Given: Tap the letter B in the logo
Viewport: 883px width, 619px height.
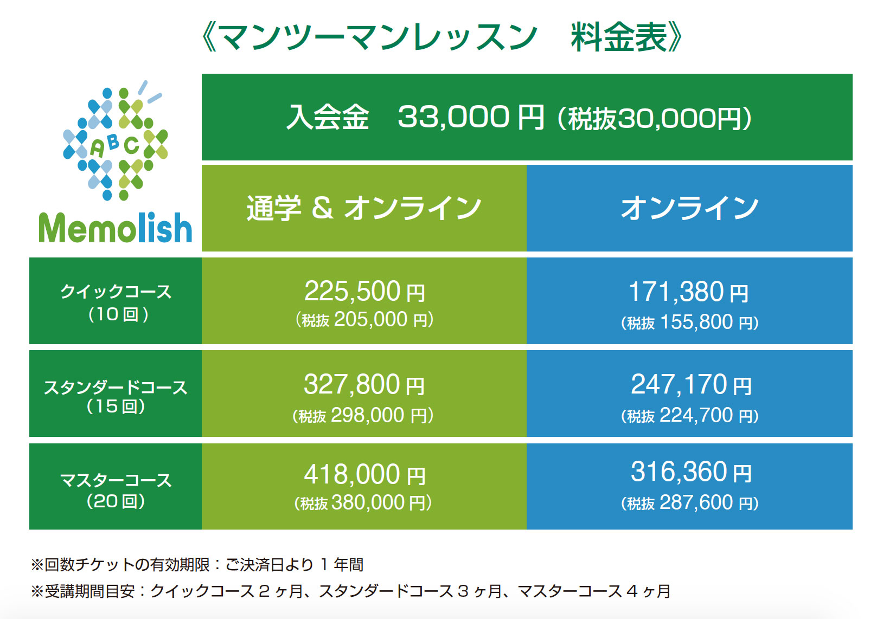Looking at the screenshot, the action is [x=113, y=141].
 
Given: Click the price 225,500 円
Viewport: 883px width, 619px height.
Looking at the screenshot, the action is [x=364, y=291].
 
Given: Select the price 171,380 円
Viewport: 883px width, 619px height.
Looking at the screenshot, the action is [x=688, y=292].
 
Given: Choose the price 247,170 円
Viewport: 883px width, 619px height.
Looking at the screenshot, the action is [x=691, y=384].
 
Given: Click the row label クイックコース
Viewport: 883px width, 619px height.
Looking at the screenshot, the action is [x=116, y=292].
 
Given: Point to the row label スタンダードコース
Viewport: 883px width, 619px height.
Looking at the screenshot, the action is [x=116, y=388].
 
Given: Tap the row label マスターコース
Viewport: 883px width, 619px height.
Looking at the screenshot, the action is [x=116, y=480].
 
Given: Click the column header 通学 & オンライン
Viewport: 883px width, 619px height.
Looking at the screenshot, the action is [x=364, y=208].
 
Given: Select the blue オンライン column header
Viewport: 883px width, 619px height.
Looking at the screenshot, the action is [x=689, y=208].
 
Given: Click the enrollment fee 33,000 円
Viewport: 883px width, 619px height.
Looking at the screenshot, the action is [x=471, y=117].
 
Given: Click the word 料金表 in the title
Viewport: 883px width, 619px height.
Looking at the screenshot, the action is [x=619, y=37].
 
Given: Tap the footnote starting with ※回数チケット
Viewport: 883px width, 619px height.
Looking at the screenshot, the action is [x=197, y=565].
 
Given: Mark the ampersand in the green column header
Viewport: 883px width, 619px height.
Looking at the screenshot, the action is [x=323, y=208].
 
